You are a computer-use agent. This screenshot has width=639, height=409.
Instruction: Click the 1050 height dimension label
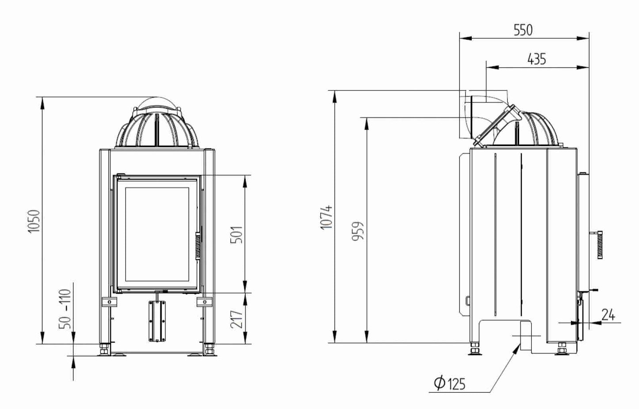(x=34, y=221)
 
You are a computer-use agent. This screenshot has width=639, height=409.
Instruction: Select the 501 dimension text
(x=237, y=235)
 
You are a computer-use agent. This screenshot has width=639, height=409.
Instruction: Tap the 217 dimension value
(x=237, y=319)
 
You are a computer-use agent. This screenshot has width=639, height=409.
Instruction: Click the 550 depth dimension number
(x=523, y=30)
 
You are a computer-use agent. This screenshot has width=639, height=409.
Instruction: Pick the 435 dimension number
(x=536, y=59)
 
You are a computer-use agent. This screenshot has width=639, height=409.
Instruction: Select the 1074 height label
(x=326, y=217)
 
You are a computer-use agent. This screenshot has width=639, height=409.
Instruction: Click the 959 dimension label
(x=358, y=231)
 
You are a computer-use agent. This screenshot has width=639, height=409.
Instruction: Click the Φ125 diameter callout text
(x=450, y=383)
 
